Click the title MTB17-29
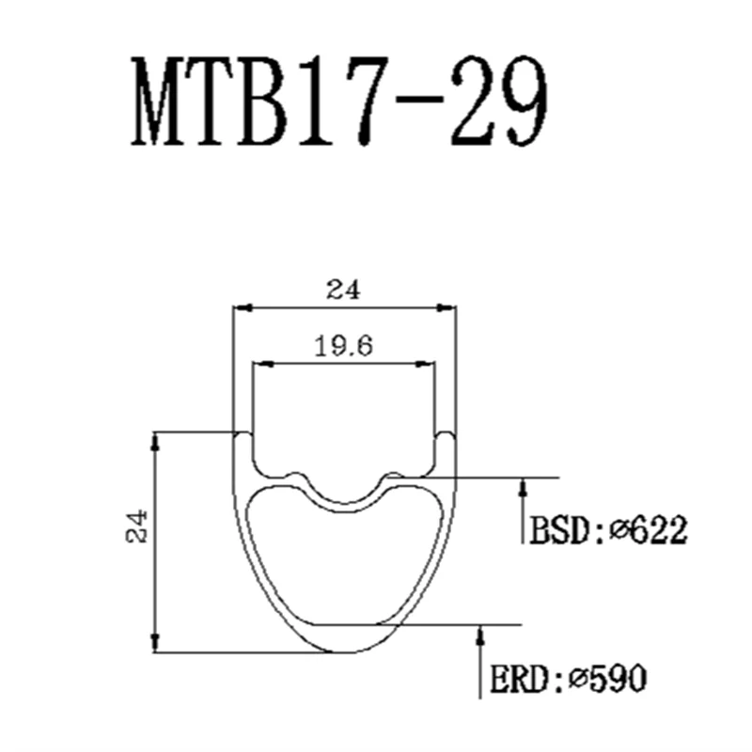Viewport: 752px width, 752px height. click(339, 102)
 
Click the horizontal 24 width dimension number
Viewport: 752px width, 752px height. click(343, 290)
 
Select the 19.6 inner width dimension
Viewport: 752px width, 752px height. click(343, 346)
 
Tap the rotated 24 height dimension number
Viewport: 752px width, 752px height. click(136, 526)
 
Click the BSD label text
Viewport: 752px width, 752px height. click(560, 530)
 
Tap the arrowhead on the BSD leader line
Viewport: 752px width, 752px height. click(524, 488)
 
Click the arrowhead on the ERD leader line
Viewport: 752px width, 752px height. click(480, 635)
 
